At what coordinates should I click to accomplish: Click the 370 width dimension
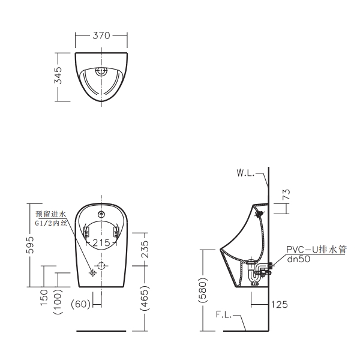[101, 35]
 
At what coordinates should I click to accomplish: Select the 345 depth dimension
[58, 76]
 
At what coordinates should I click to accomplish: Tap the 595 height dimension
[30, 245]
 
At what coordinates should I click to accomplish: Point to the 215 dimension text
[101, 242]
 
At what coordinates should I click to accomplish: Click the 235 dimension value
[145, 249]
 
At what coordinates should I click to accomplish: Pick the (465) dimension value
[145, 298]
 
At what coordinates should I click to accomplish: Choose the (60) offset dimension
[80, 304]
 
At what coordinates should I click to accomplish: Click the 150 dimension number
[44, 298]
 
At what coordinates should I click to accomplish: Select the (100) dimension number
[58, 301]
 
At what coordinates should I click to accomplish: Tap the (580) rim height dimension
[203, 290]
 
